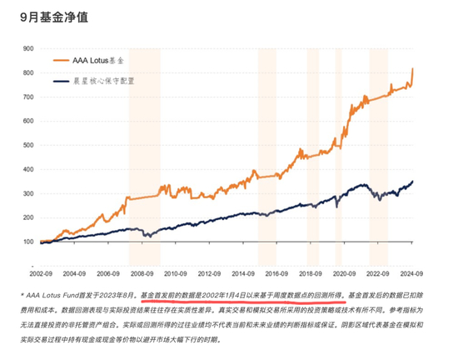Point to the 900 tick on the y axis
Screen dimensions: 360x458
click(x=28, y=49)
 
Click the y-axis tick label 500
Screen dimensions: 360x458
click(x=28, y=146)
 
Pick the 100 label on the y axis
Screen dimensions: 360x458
click(x=28, y=242)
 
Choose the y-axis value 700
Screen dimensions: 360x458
click(x=28, y=97)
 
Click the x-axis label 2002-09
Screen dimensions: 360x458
click(x=41, y=272)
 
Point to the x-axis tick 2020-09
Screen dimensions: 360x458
click(x=346, y=272)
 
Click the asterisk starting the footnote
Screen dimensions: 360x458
click(x=22, y=294)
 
